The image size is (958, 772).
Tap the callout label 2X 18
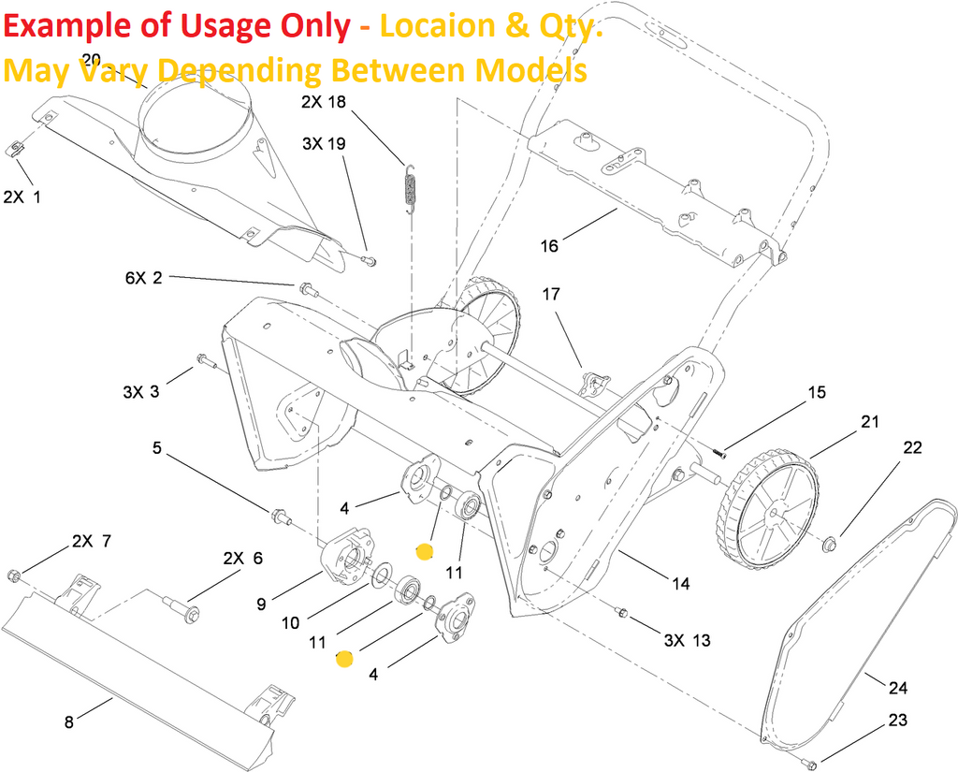(324, 102)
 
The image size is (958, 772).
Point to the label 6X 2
(143, 278)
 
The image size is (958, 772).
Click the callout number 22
(912, 448)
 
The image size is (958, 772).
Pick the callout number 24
(897, 689)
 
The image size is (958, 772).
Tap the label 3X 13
(687, 640)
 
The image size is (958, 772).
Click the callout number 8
(68, 721)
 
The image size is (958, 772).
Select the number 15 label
(817, 392)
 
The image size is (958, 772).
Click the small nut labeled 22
(828, 543)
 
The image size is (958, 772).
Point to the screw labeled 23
(810, 765)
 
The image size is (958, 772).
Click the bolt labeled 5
(280, 517)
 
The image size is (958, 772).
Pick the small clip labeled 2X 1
(16, 149)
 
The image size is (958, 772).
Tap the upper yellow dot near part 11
(425, 552)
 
